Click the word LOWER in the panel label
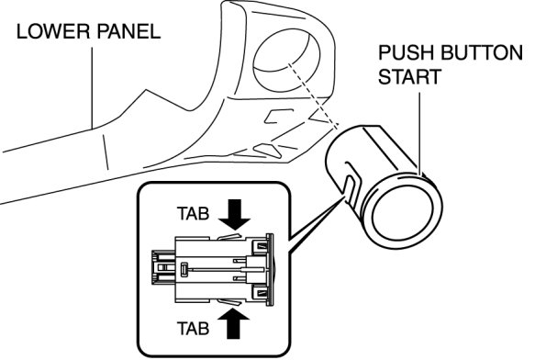[53, 31]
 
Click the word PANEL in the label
[128, 31]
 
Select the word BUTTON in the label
[482, 52]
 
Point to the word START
[410, 77]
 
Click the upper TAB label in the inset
[193, 214]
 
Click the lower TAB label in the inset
[193, 329]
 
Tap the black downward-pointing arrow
[234, 215]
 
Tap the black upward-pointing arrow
[234, 322]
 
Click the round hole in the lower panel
[286, 58]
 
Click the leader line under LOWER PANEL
[92, 88]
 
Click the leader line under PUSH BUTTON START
[420, 132]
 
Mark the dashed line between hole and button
[313, 96]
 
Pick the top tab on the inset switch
[228, 236]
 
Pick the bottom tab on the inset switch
[228, 301]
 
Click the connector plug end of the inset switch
[163, 268]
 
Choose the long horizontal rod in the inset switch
[218, 269]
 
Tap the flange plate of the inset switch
[270, 269]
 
